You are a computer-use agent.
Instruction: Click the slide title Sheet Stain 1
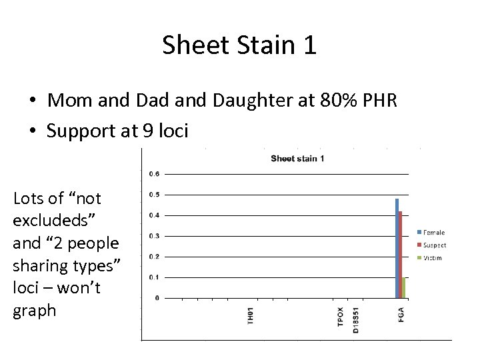[x=239, y=45]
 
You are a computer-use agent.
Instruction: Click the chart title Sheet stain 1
[x=297, y=158]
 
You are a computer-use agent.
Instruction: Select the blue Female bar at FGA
[x=397, y=248]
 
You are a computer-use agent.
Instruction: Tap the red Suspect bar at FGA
[x=400, y=254]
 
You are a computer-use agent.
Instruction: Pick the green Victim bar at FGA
[x=403, y=287]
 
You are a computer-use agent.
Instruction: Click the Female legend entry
[x=434, y=232]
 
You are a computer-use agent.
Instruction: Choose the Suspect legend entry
[x=435, y=245]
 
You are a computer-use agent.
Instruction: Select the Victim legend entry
[x=433, y=257]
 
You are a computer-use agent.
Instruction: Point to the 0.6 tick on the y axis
[x=153, y=174]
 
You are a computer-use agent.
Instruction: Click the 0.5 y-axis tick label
[x=153, y=195]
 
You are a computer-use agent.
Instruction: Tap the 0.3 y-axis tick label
[x=153, y=236]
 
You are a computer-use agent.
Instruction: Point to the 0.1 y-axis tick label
[x=153, y=277]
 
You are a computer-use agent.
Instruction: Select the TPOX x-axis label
[x=341, y=316]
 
